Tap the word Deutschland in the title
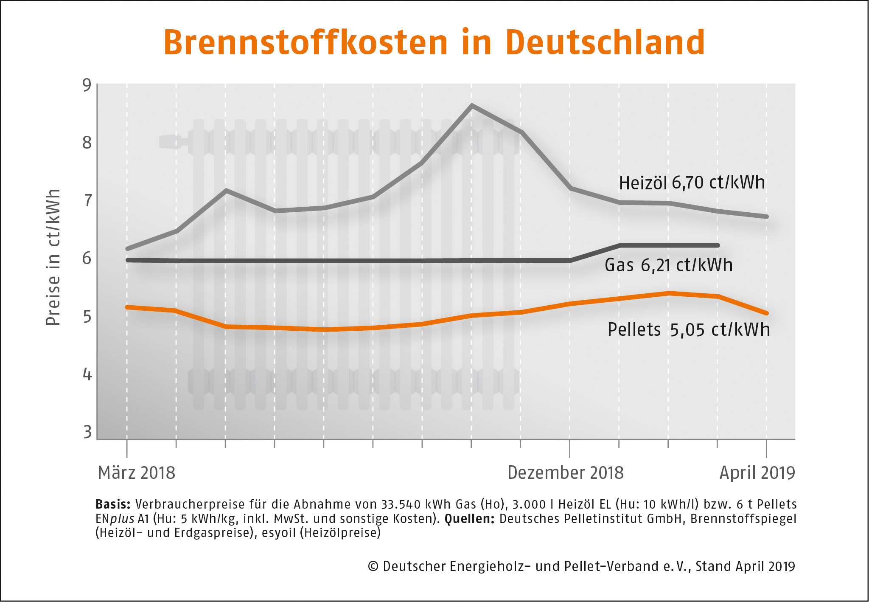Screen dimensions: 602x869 point(605,43)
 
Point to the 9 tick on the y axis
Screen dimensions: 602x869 point(87,85)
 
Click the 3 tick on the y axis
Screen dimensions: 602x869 point(87,432)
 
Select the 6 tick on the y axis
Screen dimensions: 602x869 point(87,258)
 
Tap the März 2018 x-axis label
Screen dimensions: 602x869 point(136,473)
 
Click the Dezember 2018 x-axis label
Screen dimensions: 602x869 point(565,473)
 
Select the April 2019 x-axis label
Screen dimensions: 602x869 point(757,473)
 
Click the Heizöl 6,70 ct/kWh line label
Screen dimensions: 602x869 point(692,183)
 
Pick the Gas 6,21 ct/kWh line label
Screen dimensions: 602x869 point(668,265)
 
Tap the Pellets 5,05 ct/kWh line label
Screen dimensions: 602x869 point(688,330)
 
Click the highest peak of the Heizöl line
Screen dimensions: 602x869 point(472,105)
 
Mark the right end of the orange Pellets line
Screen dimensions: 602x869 point(766,313)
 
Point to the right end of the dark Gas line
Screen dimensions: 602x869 point(718,245)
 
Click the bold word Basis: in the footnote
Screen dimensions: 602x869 point(113,504)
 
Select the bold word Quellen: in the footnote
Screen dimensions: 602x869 point(469,519)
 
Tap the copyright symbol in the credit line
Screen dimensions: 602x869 point(373,566)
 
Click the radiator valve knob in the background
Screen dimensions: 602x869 point(169,142)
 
